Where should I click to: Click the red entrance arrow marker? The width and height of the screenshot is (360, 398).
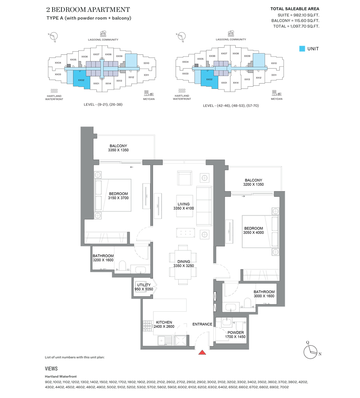[x=202, y=352]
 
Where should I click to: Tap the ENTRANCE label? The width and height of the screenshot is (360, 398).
[x=202, y=324]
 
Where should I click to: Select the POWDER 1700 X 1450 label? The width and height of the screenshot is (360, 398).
[x=235, y=335]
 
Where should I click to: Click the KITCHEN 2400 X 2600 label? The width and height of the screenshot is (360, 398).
[x=161, y=325]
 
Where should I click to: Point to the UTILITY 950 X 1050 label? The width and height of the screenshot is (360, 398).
[x=144, y=287]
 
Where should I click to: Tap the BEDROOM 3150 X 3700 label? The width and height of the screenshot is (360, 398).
[x=118, y=196]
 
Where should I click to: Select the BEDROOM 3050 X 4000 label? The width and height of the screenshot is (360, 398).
[x=253, y=230]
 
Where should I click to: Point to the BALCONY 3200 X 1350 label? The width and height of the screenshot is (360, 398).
[x=253, y=182]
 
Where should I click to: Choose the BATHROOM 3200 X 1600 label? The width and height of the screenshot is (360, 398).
[x=103, y=258]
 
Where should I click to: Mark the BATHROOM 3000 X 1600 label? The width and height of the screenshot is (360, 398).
[x=264, y=294]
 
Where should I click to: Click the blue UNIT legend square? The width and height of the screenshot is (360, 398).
[x=302, y=49]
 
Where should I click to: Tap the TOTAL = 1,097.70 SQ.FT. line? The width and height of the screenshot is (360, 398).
[x=296, y=27]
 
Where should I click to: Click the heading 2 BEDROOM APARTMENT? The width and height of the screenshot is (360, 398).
[x=88, y=9]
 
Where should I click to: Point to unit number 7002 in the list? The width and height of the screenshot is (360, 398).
[x=284, y=387]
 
